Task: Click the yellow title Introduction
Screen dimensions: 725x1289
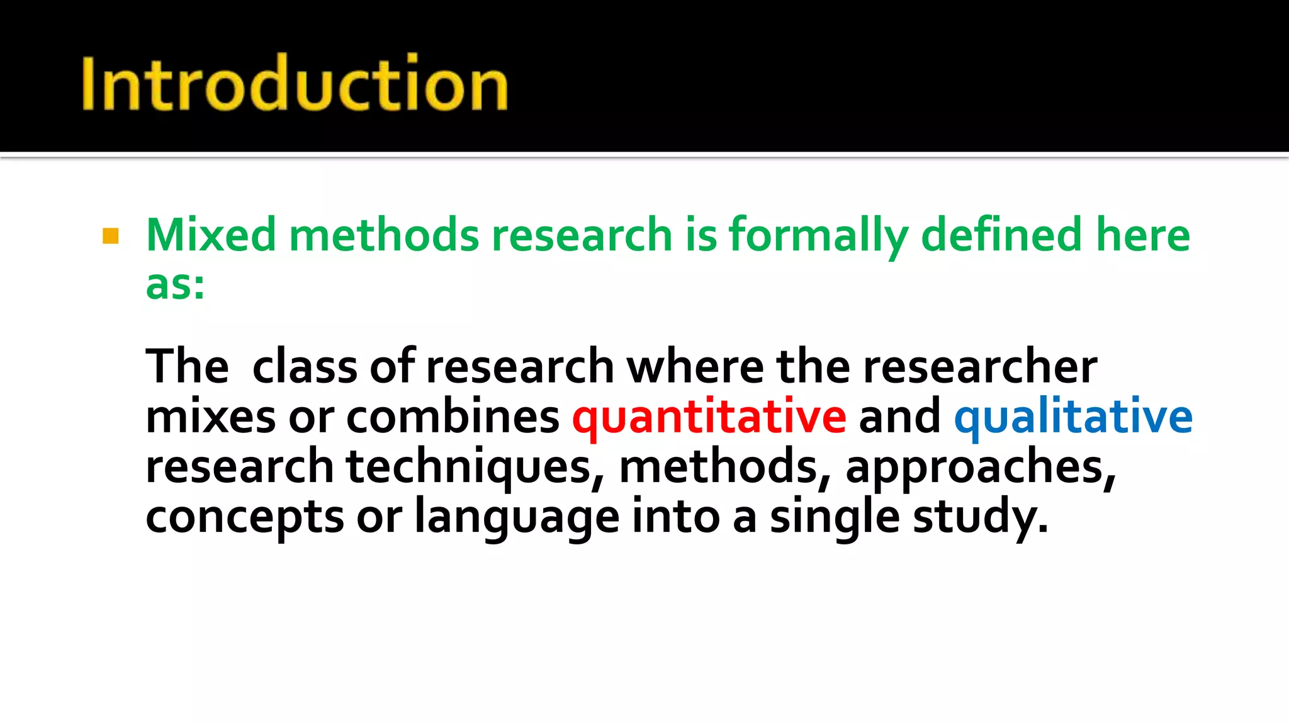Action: [x=295, y=84]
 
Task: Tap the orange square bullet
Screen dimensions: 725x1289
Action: [x=111, y=236]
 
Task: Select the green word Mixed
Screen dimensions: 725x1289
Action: [x=211, y=235]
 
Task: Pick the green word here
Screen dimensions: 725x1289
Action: [x=1142, y=235]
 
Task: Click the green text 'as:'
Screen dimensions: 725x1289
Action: [x=175, y=284]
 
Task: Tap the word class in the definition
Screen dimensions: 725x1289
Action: [x=305, y=366]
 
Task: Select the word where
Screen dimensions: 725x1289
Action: [x=695, y=366]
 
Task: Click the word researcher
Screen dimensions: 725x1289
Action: [x=980, y=366]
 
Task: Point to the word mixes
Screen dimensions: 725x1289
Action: [x=210, y=417]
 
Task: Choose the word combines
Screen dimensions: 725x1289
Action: [x=453, y=417]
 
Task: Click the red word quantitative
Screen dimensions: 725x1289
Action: [x=709, y=418]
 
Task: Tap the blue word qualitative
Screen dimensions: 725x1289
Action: [x=1073, y=418]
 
